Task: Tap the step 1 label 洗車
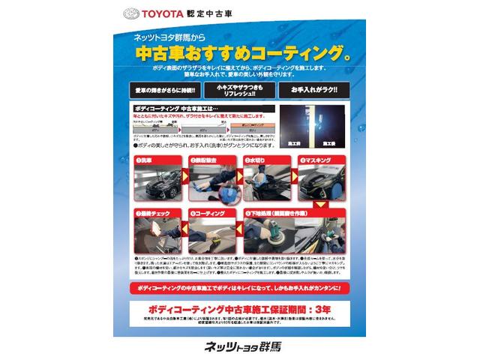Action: click(x=145, y=160)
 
